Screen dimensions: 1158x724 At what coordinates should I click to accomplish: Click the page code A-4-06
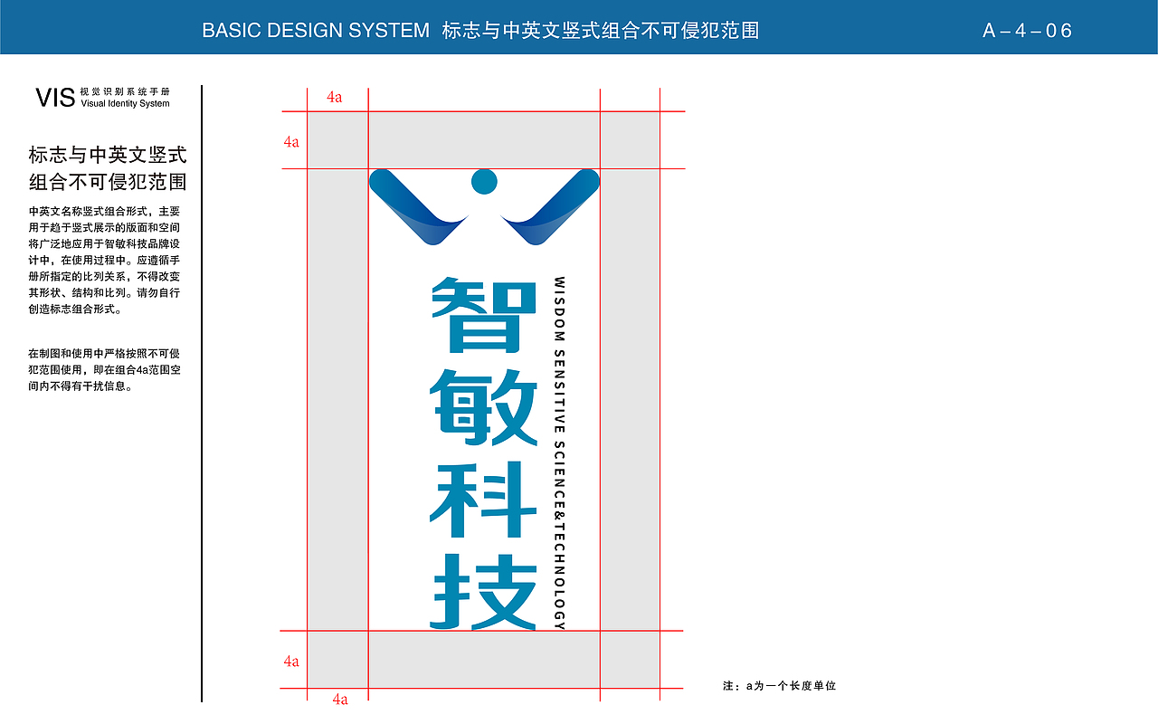pos(1027,31)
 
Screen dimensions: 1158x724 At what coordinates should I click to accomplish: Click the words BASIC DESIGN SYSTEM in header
pos(316,31)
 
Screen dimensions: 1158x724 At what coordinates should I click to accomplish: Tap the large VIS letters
pos(55,98)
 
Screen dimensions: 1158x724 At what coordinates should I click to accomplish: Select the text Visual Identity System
pos(125,103)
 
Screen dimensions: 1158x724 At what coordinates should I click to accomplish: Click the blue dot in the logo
pos(484,182)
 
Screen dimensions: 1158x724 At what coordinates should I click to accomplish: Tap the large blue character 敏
pos(483,407)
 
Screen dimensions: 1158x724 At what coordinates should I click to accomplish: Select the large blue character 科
pos(483,500)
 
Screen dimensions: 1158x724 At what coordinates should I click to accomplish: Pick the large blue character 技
pos(483,592)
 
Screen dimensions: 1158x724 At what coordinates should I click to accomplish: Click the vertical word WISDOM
pos(559,309)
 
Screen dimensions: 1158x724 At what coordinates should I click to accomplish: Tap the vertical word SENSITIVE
pos(559,392)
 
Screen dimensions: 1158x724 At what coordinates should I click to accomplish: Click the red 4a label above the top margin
pos(335,97)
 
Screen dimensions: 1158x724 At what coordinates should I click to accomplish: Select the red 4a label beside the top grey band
pos(291,142)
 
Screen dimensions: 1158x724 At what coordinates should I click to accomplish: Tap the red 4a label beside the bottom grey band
pos(291,661)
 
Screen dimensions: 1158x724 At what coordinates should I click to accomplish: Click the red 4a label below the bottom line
pos(340,700)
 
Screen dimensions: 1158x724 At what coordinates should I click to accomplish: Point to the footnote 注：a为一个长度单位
pos(779,686)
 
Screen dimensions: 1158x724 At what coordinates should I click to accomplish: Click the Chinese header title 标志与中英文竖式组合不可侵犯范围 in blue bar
pos(601,31)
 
